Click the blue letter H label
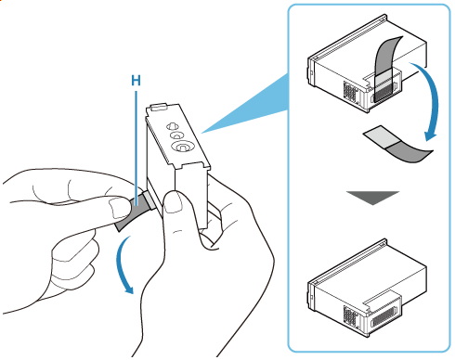[x=136, y=81]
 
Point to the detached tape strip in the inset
[x=398, y=145]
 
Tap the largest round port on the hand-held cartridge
[x=183, y=147]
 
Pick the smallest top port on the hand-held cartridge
[x=172, y=126]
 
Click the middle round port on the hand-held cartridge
[x=176, y=135]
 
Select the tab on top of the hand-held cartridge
[x=159, y=107]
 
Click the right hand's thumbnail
[x=172, y=201]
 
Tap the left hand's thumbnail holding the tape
[x=119, y=207]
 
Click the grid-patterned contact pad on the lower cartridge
[x=350, y=315]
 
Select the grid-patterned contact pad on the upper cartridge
[x=350, y=92]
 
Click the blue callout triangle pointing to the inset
[x=244, y=105]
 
